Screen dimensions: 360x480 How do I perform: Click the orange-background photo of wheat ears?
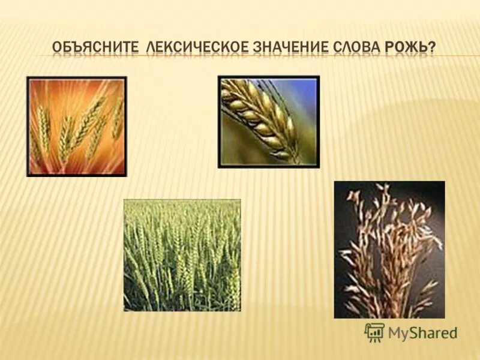coord(77,126)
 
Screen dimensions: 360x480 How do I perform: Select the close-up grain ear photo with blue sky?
coord(269,122)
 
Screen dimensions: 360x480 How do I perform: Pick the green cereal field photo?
coord(182,255)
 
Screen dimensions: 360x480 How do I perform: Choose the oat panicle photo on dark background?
coord(389,249)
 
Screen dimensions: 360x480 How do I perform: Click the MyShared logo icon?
coord(374,332)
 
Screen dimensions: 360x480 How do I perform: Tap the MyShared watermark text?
coord(422,333)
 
